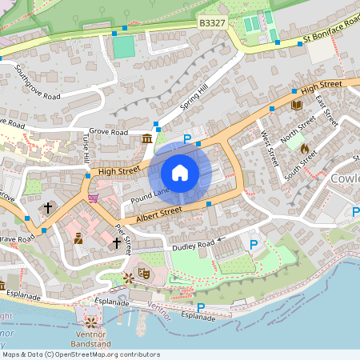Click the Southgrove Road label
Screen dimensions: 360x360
pos(38,82)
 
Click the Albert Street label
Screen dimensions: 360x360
pos(159,214)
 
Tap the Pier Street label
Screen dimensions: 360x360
pos(122,237)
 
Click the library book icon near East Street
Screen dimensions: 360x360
pos(297,105)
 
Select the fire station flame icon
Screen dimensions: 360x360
pos(304,148)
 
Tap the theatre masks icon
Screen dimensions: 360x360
pos(145,273)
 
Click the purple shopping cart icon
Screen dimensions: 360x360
pos(94,198)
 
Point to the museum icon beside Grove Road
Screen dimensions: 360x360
pos(147,140)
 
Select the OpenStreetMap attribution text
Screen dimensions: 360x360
pos(81,354)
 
